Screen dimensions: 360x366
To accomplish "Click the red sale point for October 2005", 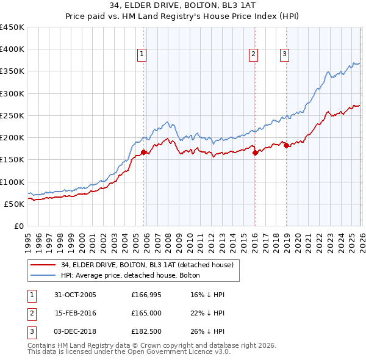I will pyautogui.click(x=144, y=153).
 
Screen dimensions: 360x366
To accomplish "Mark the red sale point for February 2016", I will pyautogui.click(x=255, y=153).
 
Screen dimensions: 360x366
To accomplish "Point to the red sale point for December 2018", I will pyautogui.click(x=286, y=145).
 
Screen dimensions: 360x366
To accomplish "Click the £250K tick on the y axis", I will pyautogui.click(x=12, y=116).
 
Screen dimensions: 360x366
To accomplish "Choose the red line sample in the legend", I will pyautogui.click(x=43, y=265).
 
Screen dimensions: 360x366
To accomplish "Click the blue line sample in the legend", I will pyautogui.click(x=43, y=275).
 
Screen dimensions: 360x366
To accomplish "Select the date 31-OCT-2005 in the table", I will pyautogui.click(x=75, y=295).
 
